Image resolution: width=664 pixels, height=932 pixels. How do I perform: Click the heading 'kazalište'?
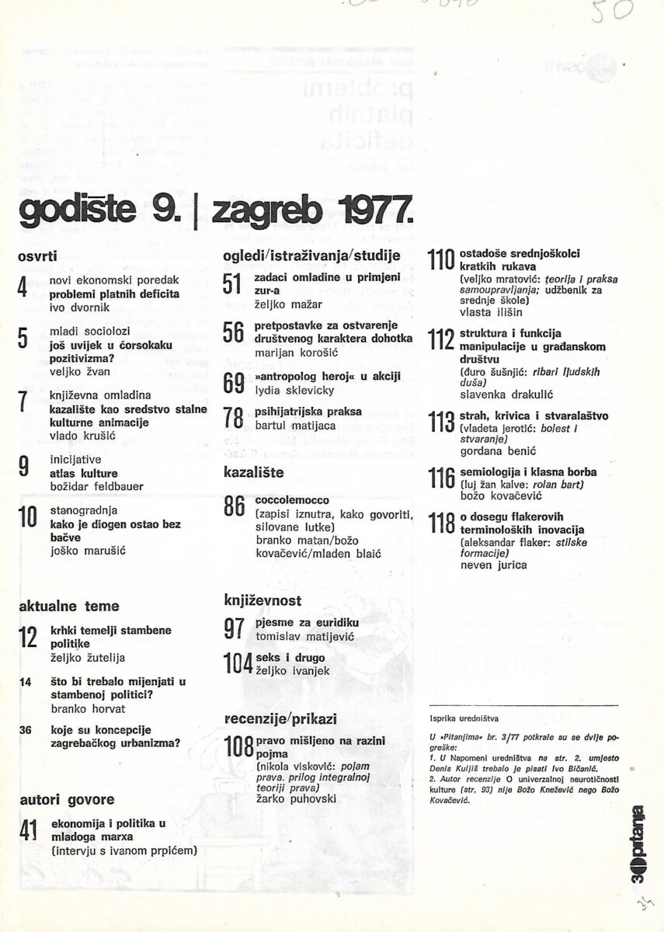coord(253,471)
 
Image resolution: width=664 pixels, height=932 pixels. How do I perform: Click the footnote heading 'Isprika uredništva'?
coord(464,719)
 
